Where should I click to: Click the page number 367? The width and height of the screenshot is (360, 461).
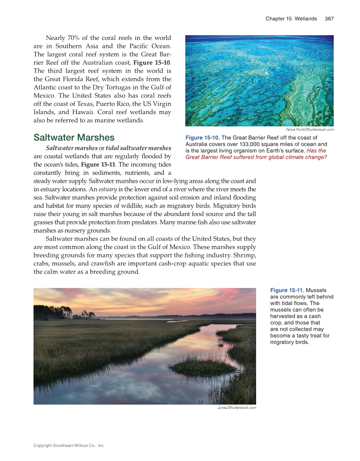(329, 19)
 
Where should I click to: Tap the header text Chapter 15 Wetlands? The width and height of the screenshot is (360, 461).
(291, 19)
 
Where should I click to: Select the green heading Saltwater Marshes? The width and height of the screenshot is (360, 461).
(74, 137)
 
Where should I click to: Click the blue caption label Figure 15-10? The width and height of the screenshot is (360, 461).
(203, 138)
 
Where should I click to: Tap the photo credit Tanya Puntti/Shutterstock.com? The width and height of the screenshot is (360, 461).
(310, 129)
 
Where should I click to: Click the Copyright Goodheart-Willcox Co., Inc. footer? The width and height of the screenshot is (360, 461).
(69, 445)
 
